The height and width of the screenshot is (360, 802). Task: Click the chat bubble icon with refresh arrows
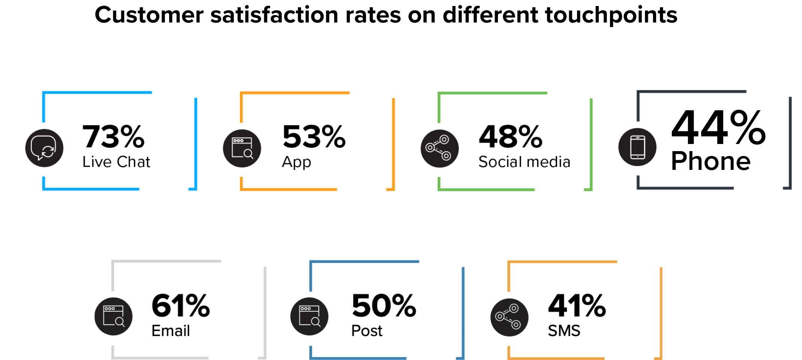point(44,148)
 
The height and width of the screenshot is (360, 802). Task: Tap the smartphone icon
point(637,147)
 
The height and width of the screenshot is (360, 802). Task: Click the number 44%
point(714,127)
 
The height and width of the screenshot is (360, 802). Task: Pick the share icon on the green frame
point(439,148)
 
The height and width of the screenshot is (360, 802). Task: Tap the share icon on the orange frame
point(509,317)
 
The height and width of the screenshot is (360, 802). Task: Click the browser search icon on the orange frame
point(242,148)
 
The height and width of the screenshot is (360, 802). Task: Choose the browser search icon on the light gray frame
point(114,316)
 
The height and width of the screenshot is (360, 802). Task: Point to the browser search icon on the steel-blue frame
point(309,316)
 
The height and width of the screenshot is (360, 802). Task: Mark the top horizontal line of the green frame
point(493,93)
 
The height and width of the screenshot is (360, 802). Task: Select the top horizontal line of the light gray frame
point(167,262)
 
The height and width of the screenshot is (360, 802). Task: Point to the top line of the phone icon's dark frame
point(692,92)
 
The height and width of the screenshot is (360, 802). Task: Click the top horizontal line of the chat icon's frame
point(97,93)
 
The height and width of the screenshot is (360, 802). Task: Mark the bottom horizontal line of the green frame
point(487,189)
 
